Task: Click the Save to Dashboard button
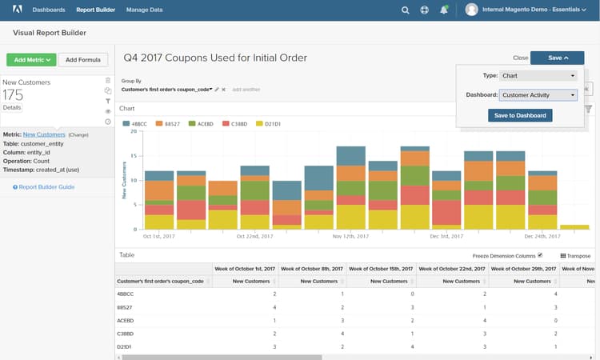(x=520, y=115)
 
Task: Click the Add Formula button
(x=83, y=59)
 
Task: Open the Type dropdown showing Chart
(x=538, y=75)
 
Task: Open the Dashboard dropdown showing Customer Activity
(x=538, y=95)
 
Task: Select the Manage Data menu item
(x=145, y=10)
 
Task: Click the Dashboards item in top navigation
(x=49, y=10)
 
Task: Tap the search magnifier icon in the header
(x=405, y=10)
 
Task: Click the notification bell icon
(x=444, y=10)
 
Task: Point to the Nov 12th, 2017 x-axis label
(x=349, y=236)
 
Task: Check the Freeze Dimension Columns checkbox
(x=540, y=255)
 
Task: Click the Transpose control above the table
(x=575, y=256)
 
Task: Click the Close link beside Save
(x=520, y=58)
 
